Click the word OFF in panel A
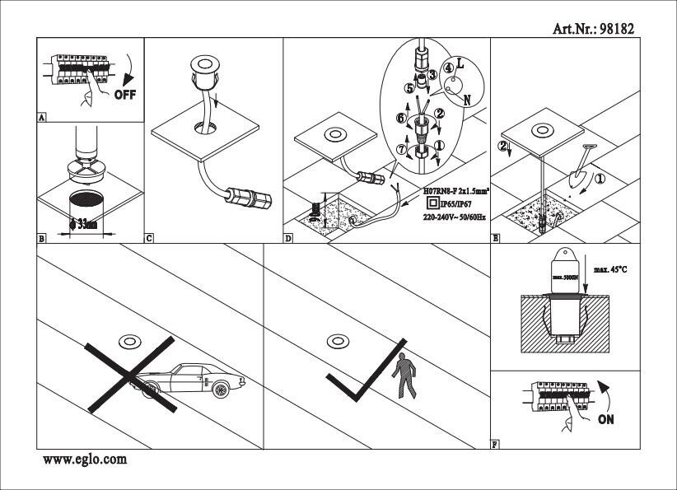[124, 94]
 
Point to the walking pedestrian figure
[404, 376]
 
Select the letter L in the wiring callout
[460, 63]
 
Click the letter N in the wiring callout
[467, 100]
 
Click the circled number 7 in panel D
[402, 150]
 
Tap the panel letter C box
[149, 239]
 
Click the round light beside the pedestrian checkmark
[335, 340]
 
